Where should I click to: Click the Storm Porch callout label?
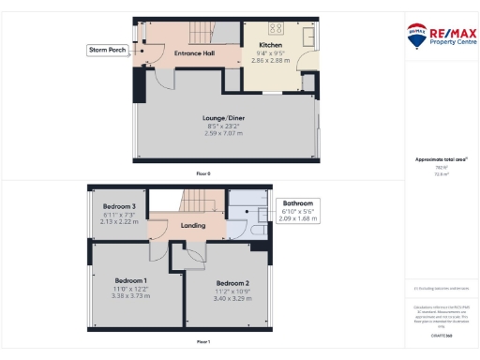click(108, 49)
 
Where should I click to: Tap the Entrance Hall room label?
click(194, 53)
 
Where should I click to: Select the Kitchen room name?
click(270, 45)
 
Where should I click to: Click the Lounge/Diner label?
click(223, 118)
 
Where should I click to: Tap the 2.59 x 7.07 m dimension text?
click(223, 133)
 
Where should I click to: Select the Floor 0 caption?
click(203, 173)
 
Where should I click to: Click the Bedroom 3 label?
click(119, 206)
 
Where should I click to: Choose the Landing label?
click(193, 226)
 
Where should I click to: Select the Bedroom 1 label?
click(130, 280)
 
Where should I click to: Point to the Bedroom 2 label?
click(232, 283)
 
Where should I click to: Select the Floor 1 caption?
click(203, 342)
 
